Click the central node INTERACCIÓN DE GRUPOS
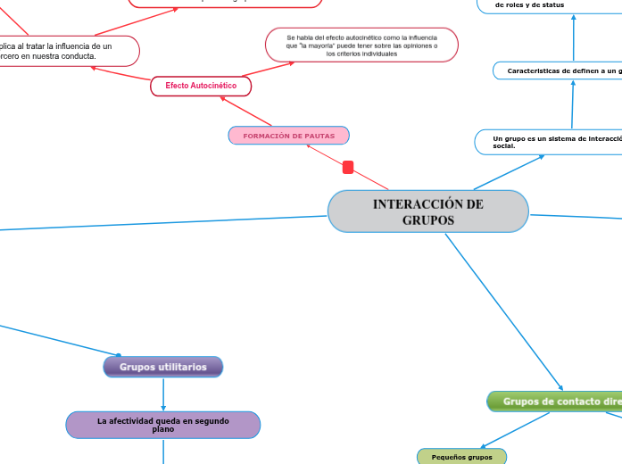tap(428, 211)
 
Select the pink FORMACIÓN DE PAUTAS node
tap(289, 136)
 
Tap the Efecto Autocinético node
tap(201, 86)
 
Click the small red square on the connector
tap(348, 167)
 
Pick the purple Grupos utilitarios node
tap(163, 367)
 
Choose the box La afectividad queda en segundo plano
tap(163, 425)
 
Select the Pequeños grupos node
tap(461, 457)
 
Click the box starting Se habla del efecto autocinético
tap(361, 46)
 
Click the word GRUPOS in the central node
tap(428, 220)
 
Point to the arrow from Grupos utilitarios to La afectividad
tap(163, 394)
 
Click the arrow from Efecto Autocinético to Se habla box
tap(268, 69)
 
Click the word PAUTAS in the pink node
tap(319, 136)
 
